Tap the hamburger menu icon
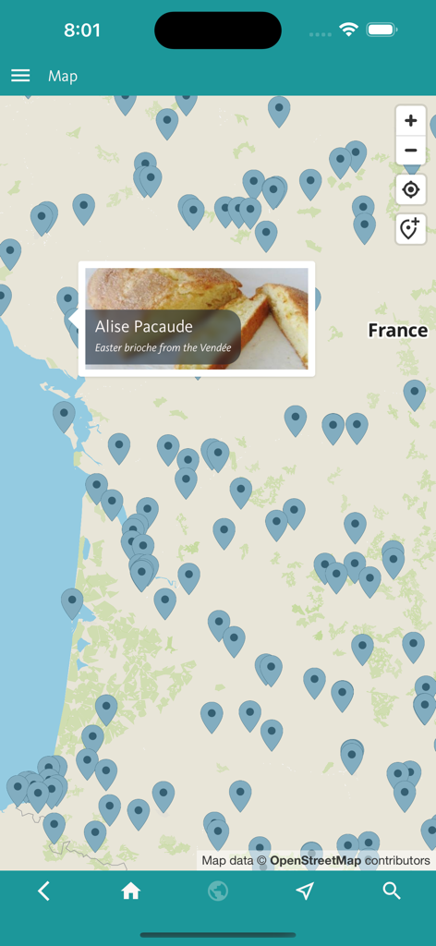(20, 76)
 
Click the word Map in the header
(63, 76)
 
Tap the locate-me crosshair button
(411, 190)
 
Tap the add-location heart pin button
(411, 228)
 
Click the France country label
(397, 331)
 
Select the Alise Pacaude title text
(144, 326)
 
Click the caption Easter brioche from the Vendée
(163, 348)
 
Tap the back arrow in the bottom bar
(43, 891)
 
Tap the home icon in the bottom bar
(131, 891)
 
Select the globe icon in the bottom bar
(218, 891)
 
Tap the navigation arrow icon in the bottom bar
(305, 891)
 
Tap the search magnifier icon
(392, 891)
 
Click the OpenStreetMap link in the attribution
(315, 861)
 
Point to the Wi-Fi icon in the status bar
(348, 30)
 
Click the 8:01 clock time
(82, 30)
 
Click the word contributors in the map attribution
(397, 861)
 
